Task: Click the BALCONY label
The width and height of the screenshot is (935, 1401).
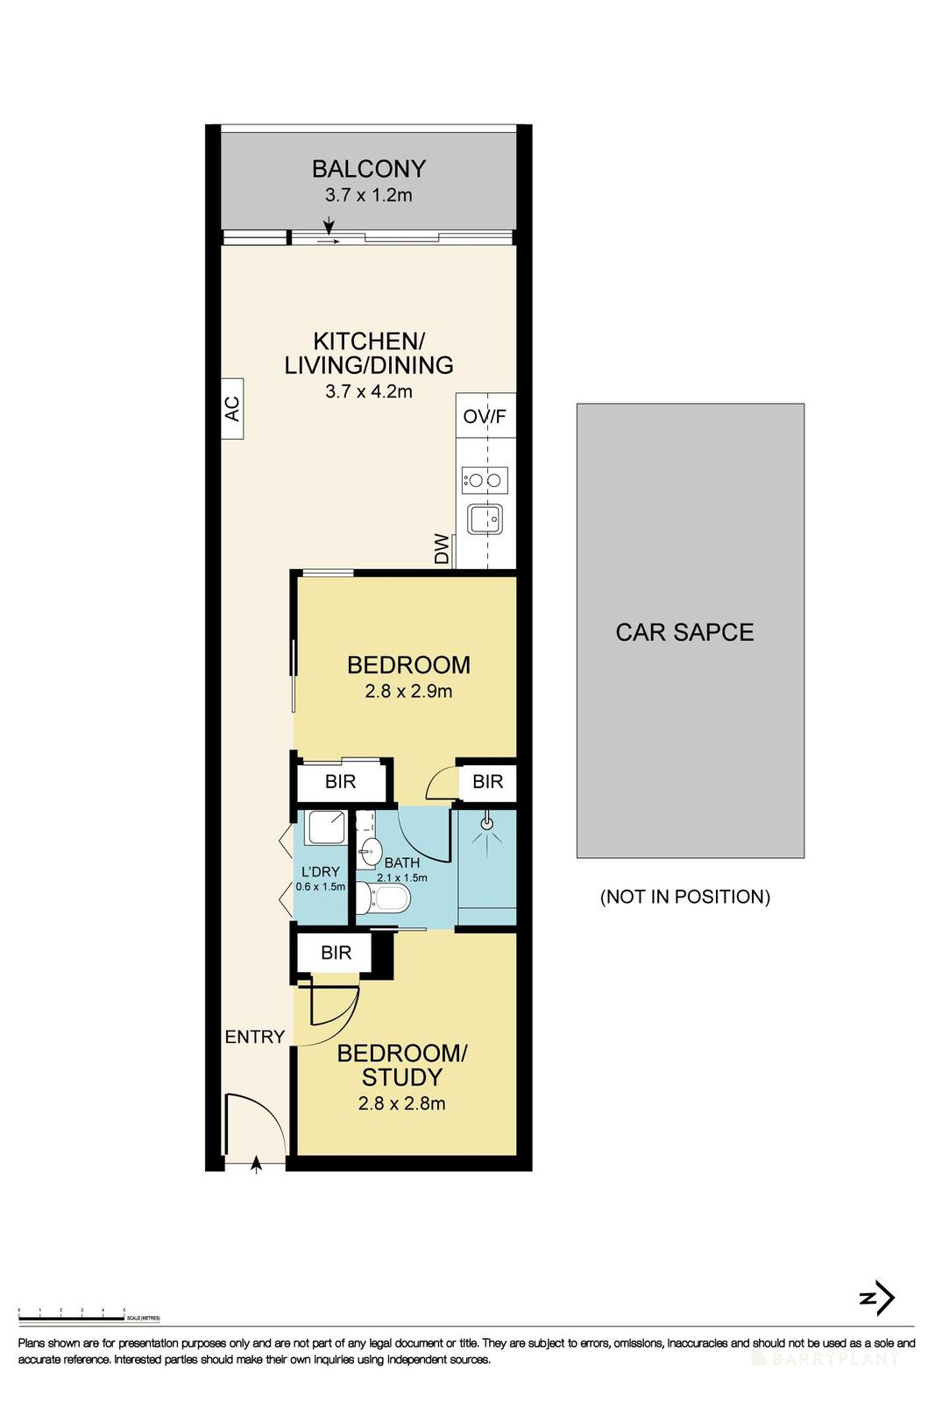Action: point(369,168)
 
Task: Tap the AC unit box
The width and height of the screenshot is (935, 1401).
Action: point(232,408)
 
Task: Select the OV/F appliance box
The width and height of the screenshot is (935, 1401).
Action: point(485,416)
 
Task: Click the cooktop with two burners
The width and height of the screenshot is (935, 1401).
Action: point(485,480)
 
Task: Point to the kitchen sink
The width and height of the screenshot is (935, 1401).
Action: point(485,519)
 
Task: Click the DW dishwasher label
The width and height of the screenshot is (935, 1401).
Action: point(442,549)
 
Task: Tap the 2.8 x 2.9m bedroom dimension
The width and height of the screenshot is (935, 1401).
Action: point(408,691)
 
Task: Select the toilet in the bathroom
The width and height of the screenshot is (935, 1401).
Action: point(386,898)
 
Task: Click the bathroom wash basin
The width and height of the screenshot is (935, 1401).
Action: point(370,849)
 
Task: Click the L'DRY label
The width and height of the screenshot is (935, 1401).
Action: point(320,872)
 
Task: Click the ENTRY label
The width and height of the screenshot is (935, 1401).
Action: point(255,1037)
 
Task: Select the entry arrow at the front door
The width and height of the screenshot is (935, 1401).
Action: point(256,1164)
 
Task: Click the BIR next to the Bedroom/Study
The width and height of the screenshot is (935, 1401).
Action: point(336,953)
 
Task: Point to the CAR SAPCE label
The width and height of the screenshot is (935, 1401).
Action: point(684,632)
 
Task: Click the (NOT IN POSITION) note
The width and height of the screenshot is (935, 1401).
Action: point(684,897)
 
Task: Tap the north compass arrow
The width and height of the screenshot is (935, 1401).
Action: point(877,1299)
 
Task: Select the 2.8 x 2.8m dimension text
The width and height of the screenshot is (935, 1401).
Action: point(401,1103)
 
